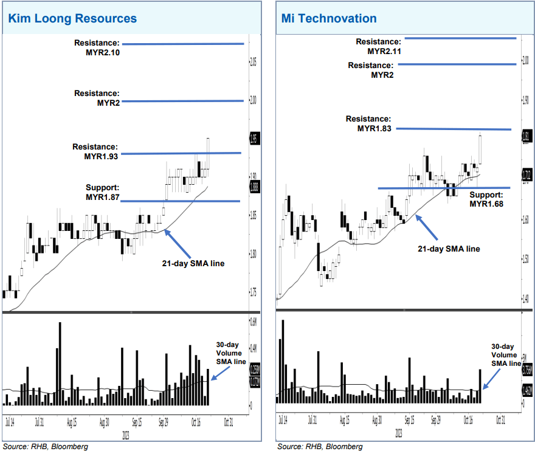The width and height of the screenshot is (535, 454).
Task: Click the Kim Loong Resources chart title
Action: tap(72, 18)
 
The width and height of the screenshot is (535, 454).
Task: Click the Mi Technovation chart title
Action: tap(329, 18)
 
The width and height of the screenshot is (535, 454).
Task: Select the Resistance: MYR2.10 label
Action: tap(97, 48)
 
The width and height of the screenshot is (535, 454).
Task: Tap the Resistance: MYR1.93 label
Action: tap(95, 151)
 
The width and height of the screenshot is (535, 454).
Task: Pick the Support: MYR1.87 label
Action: tap(102, 192)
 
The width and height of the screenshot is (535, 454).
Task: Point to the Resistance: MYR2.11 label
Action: tap(379, 46)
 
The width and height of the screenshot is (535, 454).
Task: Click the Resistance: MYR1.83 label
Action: tap(368, 123)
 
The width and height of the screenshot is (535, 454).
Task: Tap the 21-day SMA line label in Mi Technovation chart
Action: tap(449, 249)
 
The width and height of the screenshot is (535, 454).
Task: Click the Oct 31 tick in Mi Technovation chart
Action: tap(499, 420)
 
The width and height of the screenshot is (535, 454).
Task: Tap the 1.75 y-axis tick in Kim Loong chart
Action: tap(253, 292)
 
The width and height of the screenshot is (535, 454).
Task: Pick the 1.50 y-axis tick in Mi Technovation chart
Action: tap(526, 260)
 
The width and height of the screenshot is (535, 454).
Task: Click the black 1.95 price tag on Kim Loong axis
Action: tap(254, 139)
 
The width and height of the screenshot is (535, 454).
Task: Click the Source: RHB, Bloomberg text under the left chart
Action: tap(46, 447)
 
